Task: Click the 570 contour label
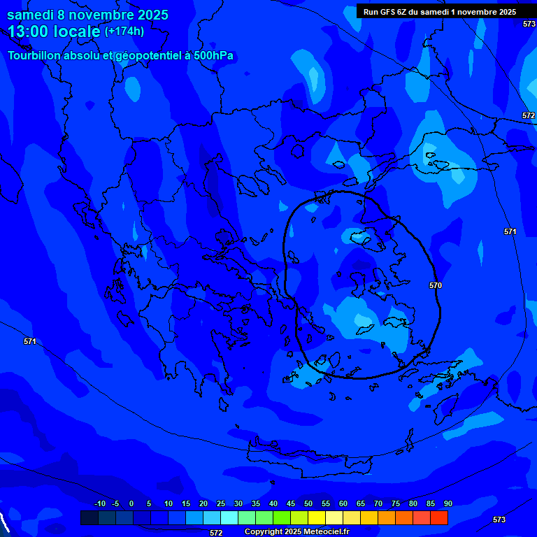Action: (436, 286)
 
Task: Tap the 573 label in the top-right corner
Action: (529, 24)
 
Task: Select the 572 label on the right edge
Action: (529, 115)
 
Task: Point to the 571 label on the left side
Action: (29, 342)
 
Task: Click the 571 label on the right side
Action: (510, 231)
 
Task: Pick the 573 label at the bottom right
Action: (499, 520)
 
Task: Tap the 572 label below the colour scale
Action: (216, 533)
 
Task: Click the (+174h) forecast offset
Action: (124, 31)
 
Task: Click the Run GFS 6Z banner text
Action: (440, 12)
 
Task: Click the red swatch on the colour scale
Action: (439, 517)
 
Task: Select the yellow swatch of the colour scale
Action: (317, 517)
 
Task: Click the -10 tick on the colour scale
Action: (99, 504)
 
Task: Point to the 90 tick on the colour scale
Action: (447, 504)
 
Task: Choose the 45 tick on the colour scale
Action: (291, 504)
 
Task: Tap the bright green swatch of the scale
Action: (282, 517)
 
